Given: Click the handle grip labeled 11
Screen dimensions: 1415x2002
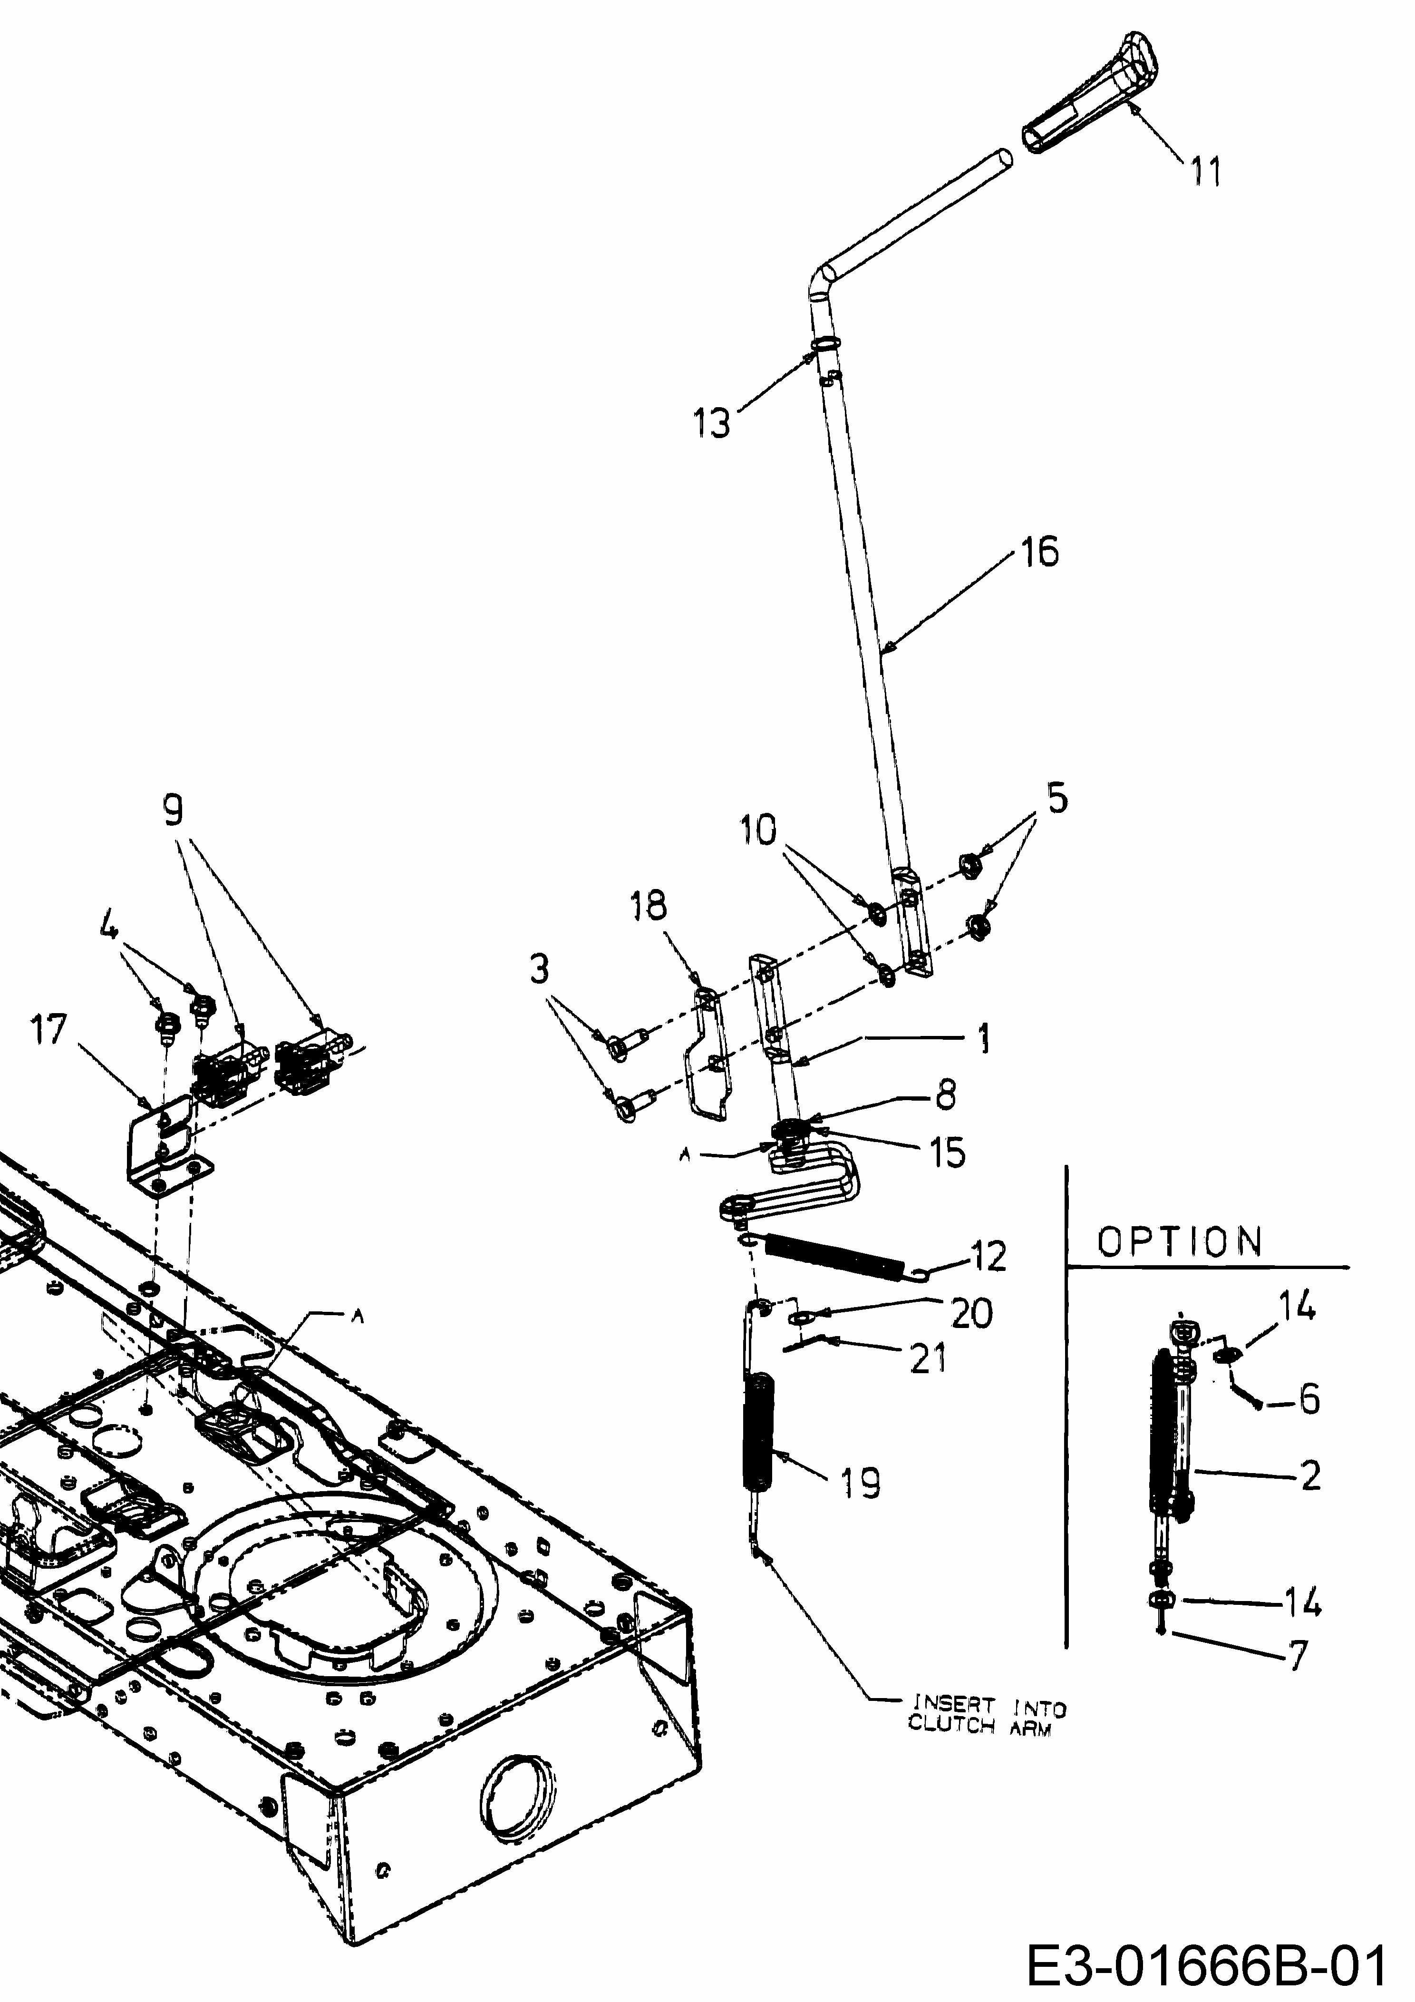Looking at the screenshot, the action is [x=1090, y=94].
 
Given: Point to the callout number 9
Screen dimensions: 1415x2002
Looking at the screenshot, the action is [x=174, y=813].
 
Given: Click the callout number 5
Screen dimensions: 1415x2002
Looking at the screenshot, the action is [x=1056, y=798].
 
